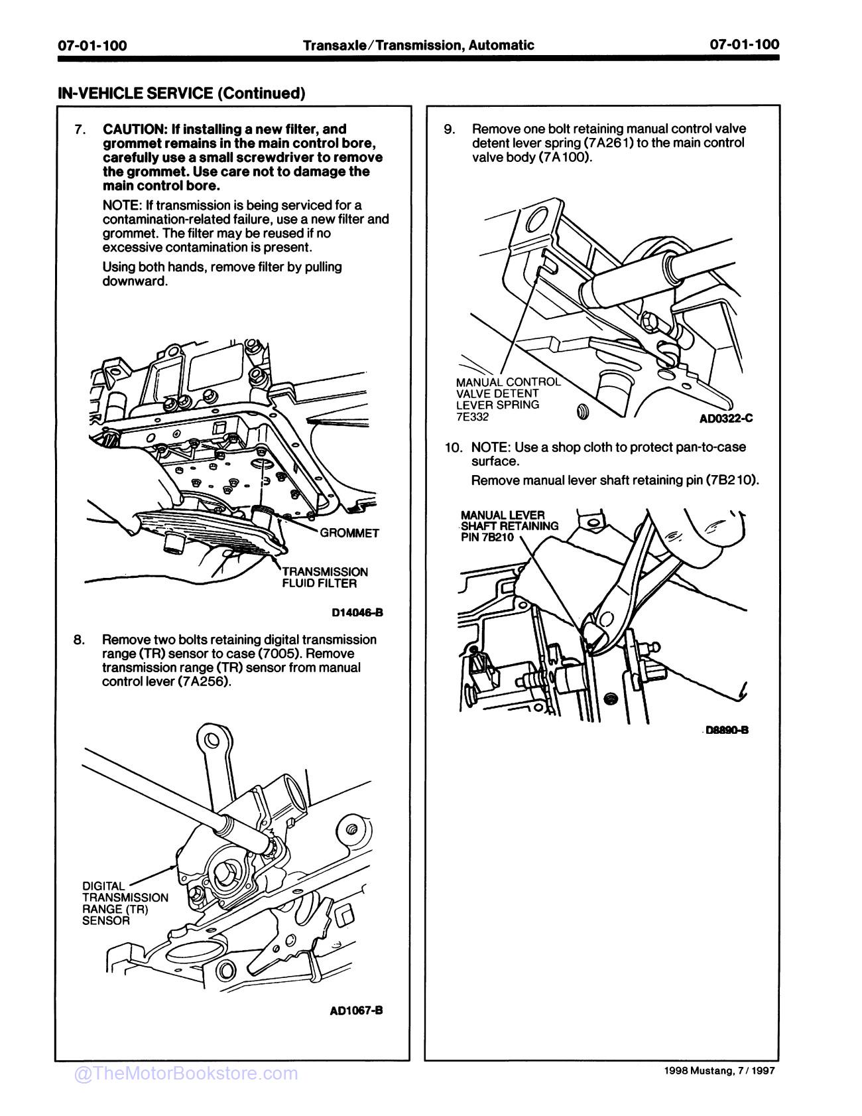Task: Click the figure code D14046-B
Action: click(x=357, y=612)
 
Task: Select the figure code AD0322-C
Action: click(x=726, y=419)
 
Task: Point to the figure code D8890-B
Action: click(x=727, y=730)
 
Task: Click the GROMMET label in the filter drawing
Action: click(x=349, y=533)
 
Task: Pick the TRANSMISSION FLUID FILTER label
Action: click(x=324, y=577)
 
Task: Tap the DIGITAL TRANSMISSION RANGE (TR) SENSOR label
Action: click(x=125, y=903)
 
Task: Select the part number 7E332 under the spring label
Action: click(x=472, y=417)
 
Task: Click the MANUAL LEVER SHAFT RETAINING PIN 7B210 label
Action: click(x=509, y=525)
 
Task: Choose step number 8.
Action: click(x=80, y=640)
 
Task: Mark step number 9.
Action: click(x=449, y=129)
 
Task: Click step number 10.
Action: click(x=454, y=447)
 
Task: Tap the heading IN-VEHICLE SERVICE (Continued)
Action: click(x=182, y=93)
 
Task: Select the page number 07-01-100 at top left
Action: click(x=92, y=45)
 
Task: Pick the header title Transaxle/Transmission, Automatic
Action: click(x=418, y=45)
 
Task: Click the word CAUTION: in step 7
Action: click(x=134, y=129)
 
